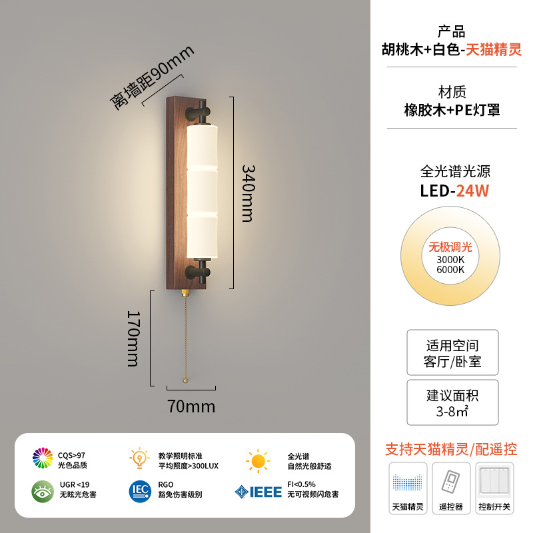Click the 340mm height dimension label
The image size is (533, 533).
coord(247,193)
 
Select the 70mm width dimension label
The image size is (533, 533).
coord(191,405)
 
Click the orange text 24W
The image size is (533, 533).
coord(472,191)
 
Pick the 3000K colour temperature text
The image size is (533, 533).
coord(450,259)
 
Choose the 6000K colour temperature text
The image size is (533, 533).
coord(450,269)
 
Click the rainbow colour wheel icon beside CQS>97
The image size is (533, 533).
coord(43,458)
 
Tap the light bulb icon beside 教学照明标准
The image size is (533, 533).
coord(139,458)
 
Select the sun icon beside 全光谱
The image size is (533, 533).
coord(258,460)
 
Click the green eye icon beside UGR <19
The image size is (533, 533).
coord(43,491)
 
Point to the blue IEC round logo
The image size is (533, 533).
coord(140,491)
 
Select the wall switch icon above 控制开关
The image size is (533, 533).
coord(494,481)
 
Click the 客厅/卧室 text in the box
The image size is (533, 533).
coord(452,362)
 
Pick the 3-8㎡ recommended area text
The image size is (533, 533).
coord(452,412)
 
